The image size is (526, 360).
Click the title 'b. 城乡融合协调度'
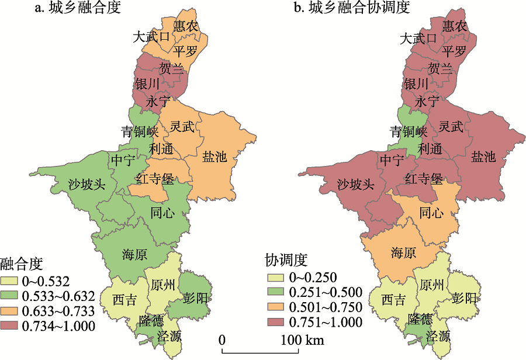click(x=351, y=8)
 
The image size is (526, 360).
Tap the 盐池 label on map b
click(x=483, y=157)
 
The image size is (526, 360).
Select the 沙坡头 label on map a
click(x=86, y=185)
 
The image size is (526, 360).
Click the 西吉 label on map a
click(x=124, y=300)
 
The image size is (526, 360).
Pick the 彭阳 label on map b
click(x=464, y=298)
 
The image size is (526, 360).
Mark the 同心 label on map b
click(x=431, y=213)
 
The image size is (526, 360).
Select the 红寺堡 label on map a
click(x=154, y=178)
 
